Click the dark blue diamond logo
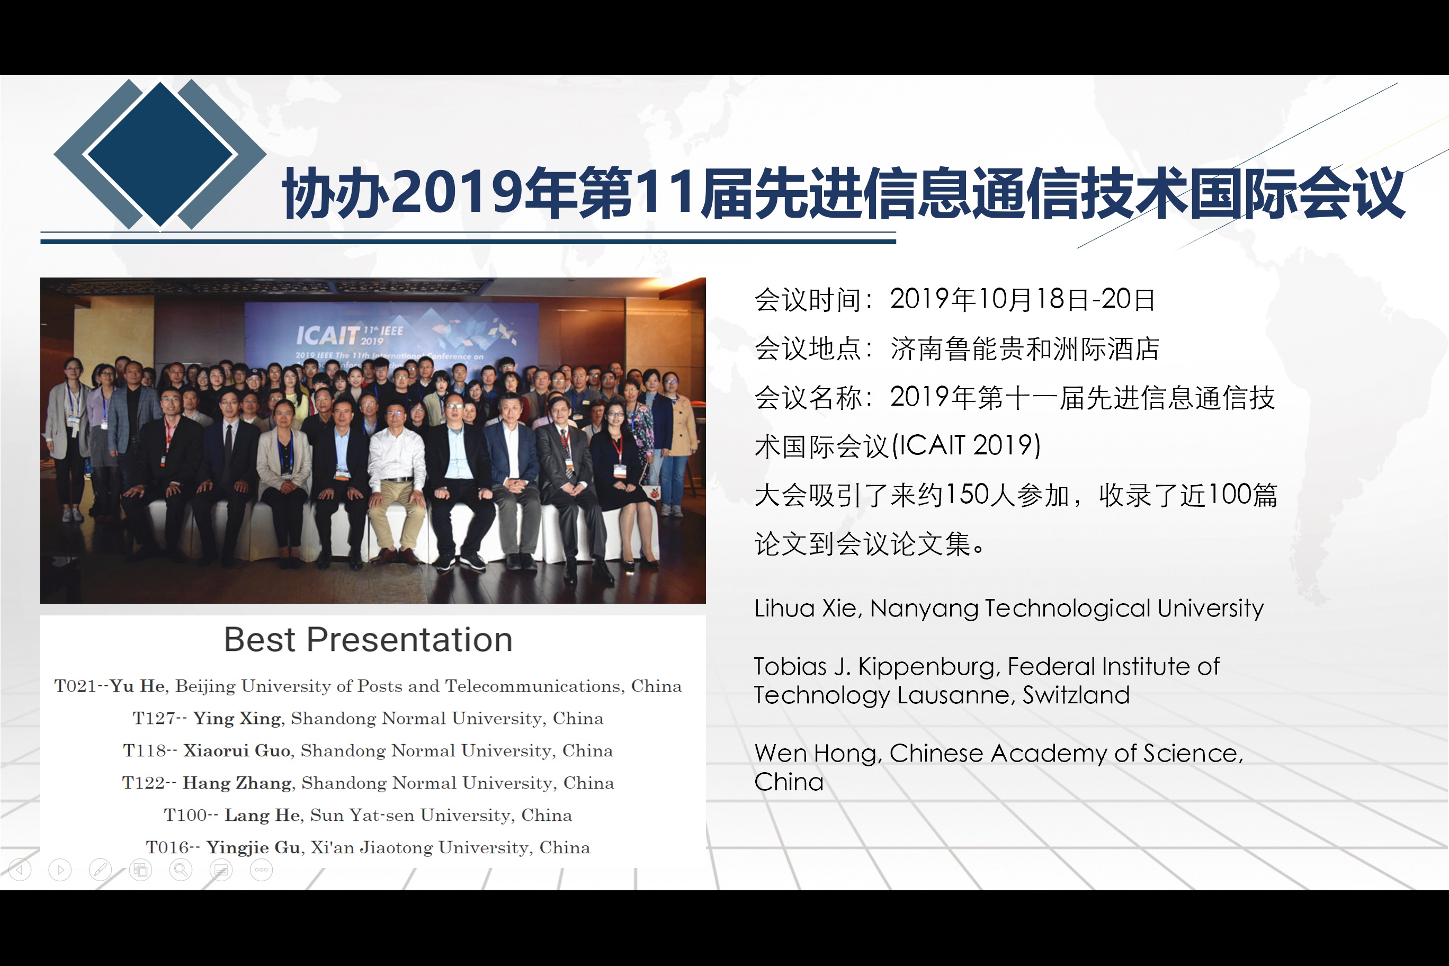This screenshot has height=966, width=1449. pyautogui.click(x=160, y=154)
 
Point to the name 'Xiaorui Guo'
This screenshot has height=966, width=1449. pyautogui.click(x=237, y=751)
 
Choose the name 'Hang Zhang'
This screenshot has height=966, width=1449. pyautogui.click(x=237, y=783)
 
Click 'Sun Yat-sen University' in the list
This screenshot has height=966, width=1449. pyautogui.click(x=411, y=815)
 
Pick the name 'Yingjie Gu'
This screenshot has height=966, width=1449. pyautogui.click(x=253, y=848)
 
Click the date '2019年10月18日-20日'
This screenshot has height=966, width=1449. pyautogui.click(x=1023, y=299)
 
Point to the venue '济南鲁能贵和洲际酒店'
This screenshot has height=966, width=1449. pyautogui.click(x=1025, y=348)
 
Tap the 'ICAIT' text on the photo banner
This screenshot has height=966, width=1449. pyautogui.click(x=327, y=335)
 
